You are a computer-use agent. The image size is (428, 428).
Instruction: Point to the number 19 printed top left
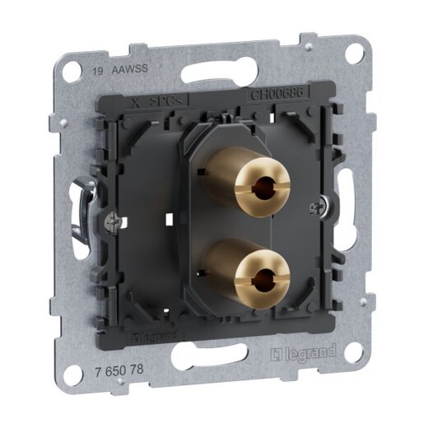(98, 71)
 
